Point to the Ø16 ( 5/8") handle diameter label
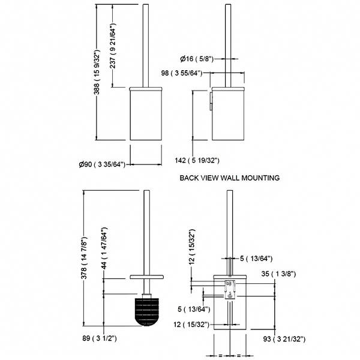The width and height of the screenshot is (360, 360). (197, 58)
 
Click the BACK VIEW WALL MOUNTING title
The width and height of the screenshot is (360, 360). (230, 178)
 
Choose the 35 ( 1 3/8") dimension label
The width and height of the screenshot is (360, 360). (293, 273)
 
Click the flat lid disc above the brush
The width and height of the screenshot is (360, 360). (146, 277)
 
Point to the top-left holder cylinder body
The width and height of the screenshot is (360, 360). (145, 114)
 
